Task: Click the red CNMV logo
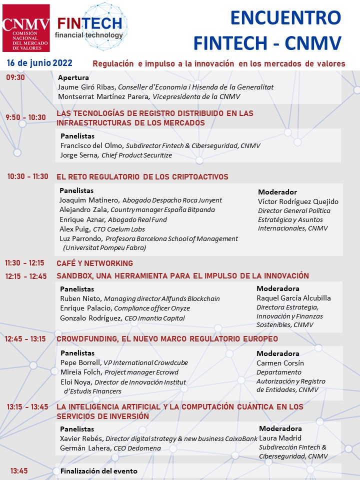click(26, 28)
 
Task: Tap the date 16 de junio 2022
click(39, 63)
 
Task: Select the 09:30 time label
click(15, 77)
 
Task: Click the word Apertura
click(73, 77)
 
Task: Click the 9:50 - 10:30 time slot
click(25, 117)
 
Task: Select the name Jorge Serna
click(80, 155)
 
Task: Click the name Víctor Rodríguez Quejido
click(298, 201)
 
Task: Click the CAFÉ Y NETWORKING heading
click(95, 263)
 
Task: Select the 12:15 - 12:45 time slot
click(26, 276)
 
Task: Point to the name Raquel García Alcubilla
click(293, 298)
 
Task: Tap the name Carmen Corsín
click(280, 363)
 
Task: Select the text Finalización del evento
click(99, 471)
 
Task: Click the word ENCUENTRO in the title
click(285, 18)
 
